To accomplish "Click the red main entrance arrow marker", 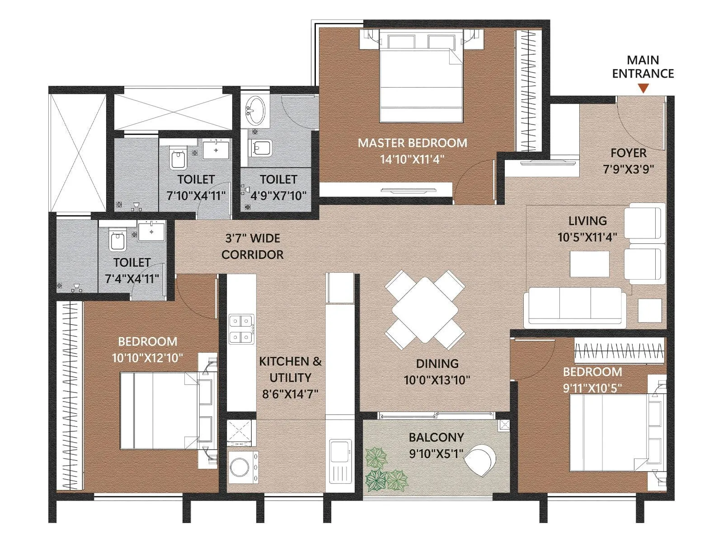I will click(x=643, y=88).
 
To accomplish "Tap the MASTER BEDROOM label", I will click(x=412, y=143).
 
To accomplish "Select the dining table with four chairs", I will click(x=425, y=310).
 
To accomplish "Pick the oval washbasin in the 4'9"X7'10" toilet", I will click(x=255, y=109).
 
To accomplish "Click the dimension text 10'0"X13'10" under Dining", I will click(x=437, y=380).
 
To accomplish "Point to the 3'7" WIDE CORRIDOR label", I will click(x=252, y=246).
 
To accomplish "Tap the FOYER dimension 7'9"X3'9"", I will click(x=629, y=169).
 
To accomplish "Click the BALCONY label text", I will click(x=436, y=437).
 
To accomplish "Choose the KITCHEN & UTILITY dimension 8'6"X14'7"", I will click(x=290, y=394).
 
